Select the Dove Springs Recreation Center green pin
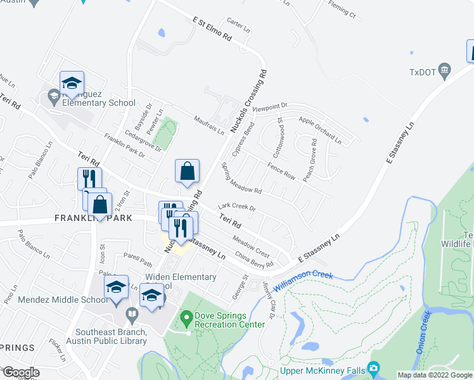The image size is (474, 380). click(x=186, y=315)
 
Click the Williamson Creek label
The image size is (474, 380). click(x=304, y=282)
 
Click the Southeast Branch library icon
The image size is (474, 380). click(x=132, y=313)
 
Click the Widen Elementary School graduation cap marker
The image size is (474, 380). click(x=152, y=296)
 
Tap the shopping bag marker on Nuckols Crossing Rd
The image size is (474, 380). click(x=188, y=172)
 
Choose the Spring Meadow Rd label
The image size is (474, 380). click(x=241, y=178)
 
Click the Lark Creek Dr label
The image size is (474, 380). click(x=236, y=207)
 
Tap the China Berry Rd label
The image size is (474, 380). click(x=253, y=261)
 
